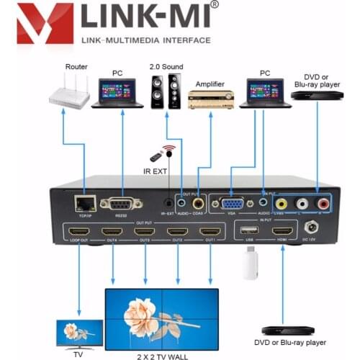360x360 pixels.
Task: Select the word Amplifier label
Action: [210, 73]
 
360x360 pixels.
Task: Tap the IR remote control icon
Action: [156, 156]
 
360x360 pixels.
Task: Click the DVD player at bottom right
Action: [287, 330]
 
